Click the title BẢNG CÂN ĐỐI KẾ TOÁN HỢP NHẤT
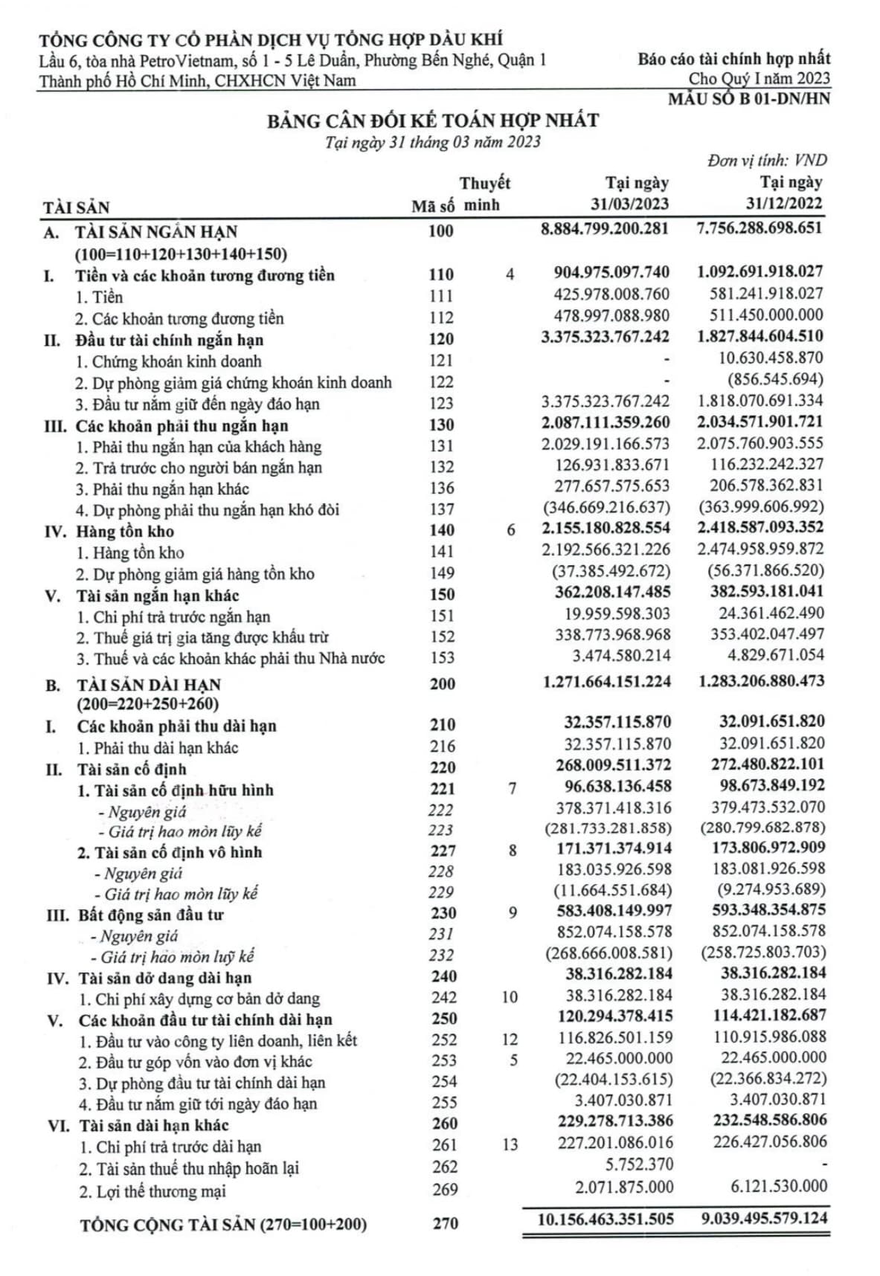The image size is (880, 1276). tap(433, 120)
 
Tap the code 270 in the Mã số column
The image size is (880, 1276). tap(445, 1222)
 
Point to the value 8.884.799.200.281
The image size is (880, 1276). tap(605, 228)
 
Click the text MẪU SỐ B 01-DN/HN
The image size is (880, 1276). tap(748, 98)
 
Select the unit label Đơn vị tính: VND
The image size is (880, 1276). tap(766, 160)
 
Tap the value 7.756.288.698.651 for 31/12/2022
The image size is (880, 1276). tap(759, 228)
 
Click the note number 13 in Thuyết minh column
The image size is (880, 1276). tap(510, 1144)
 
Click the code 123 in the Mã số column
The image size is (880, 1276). tap(441, 404)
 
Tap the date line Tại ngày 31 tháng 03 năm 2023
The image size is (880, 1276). tap(433, 142)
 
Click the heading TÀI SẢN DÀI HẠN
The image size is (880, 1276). tap(149, 684)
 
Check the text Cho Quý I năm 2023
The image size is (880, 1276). tap(759, 78)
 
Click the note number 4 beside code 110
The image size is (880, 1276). tap(510, 274)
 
